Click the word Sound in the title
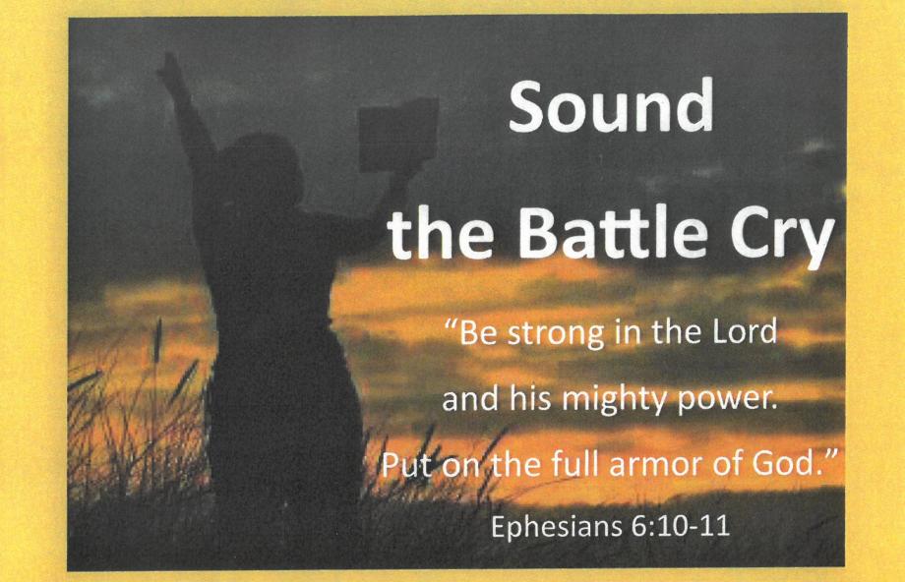611,105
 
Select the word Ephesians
557,526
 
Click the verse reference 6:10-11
682,526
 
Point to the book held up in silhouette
398,135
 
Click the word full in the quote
577,463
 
